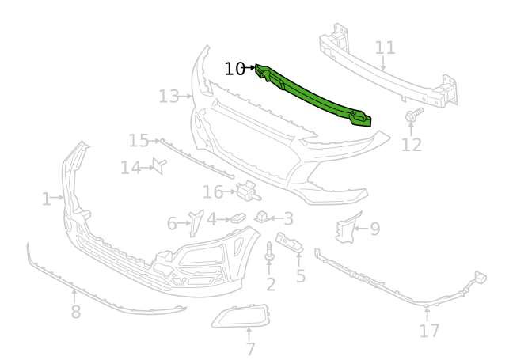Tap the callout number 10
(x=234, y=69)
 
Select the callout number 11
(x=385, y=47)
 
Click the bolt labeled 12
(x=413, y=115)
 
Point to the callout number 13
(x=169, y=97)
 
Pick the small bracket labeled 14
(x=160, y=165)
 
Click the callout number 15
(x=139, y=141)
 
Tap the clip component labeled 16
(x=248, y=190)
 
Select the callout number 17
(x=429, y=331)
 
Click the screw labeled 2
(x=269, y=252)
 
